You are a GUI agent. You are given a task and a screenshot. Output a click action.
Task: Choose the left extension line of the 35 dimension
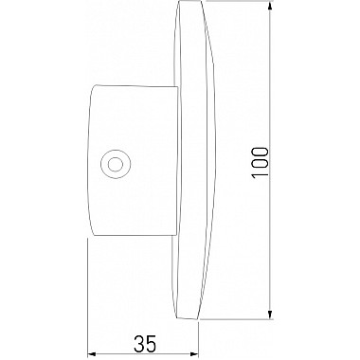[87, 294]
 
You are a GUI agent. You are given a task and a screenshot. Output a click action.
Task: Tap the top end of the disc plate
[190, 9]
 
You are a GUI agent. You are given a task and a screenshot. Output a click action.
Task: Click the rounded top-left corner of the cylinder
[92, 87]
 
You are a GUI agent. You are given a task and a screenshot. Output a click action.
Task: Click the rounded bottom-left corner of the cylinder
[92, 233]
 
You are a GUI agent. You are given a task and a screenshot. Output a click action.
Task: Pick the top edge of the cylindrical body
[133, 83]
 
